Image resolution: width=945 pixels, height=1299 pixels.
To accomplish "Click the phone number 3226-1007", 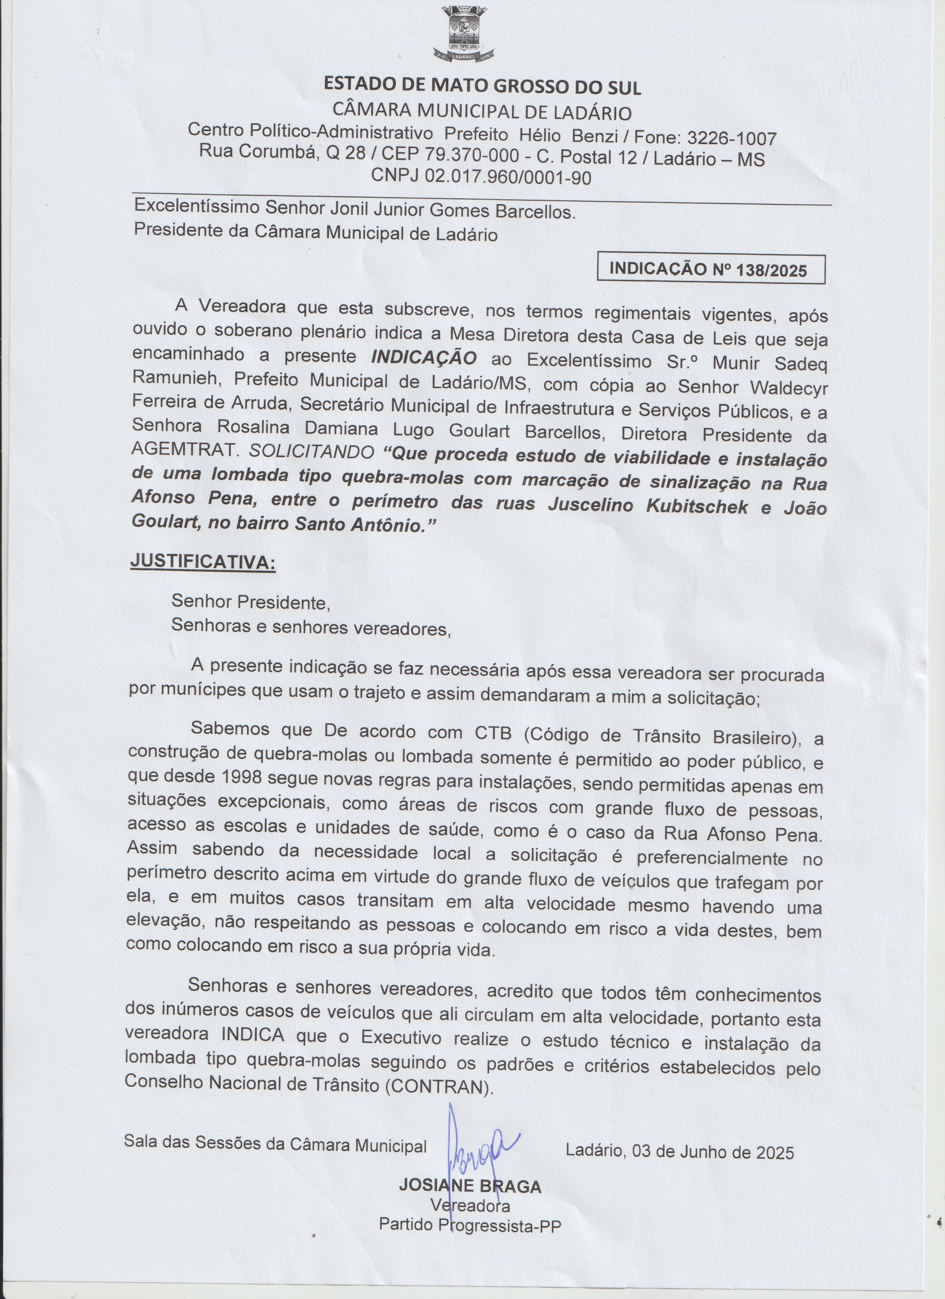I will click(x=732, y=138).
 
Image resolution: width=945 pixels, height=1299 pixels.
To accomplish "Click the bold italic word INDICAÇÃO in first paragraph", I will click(x=424, y=359).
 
